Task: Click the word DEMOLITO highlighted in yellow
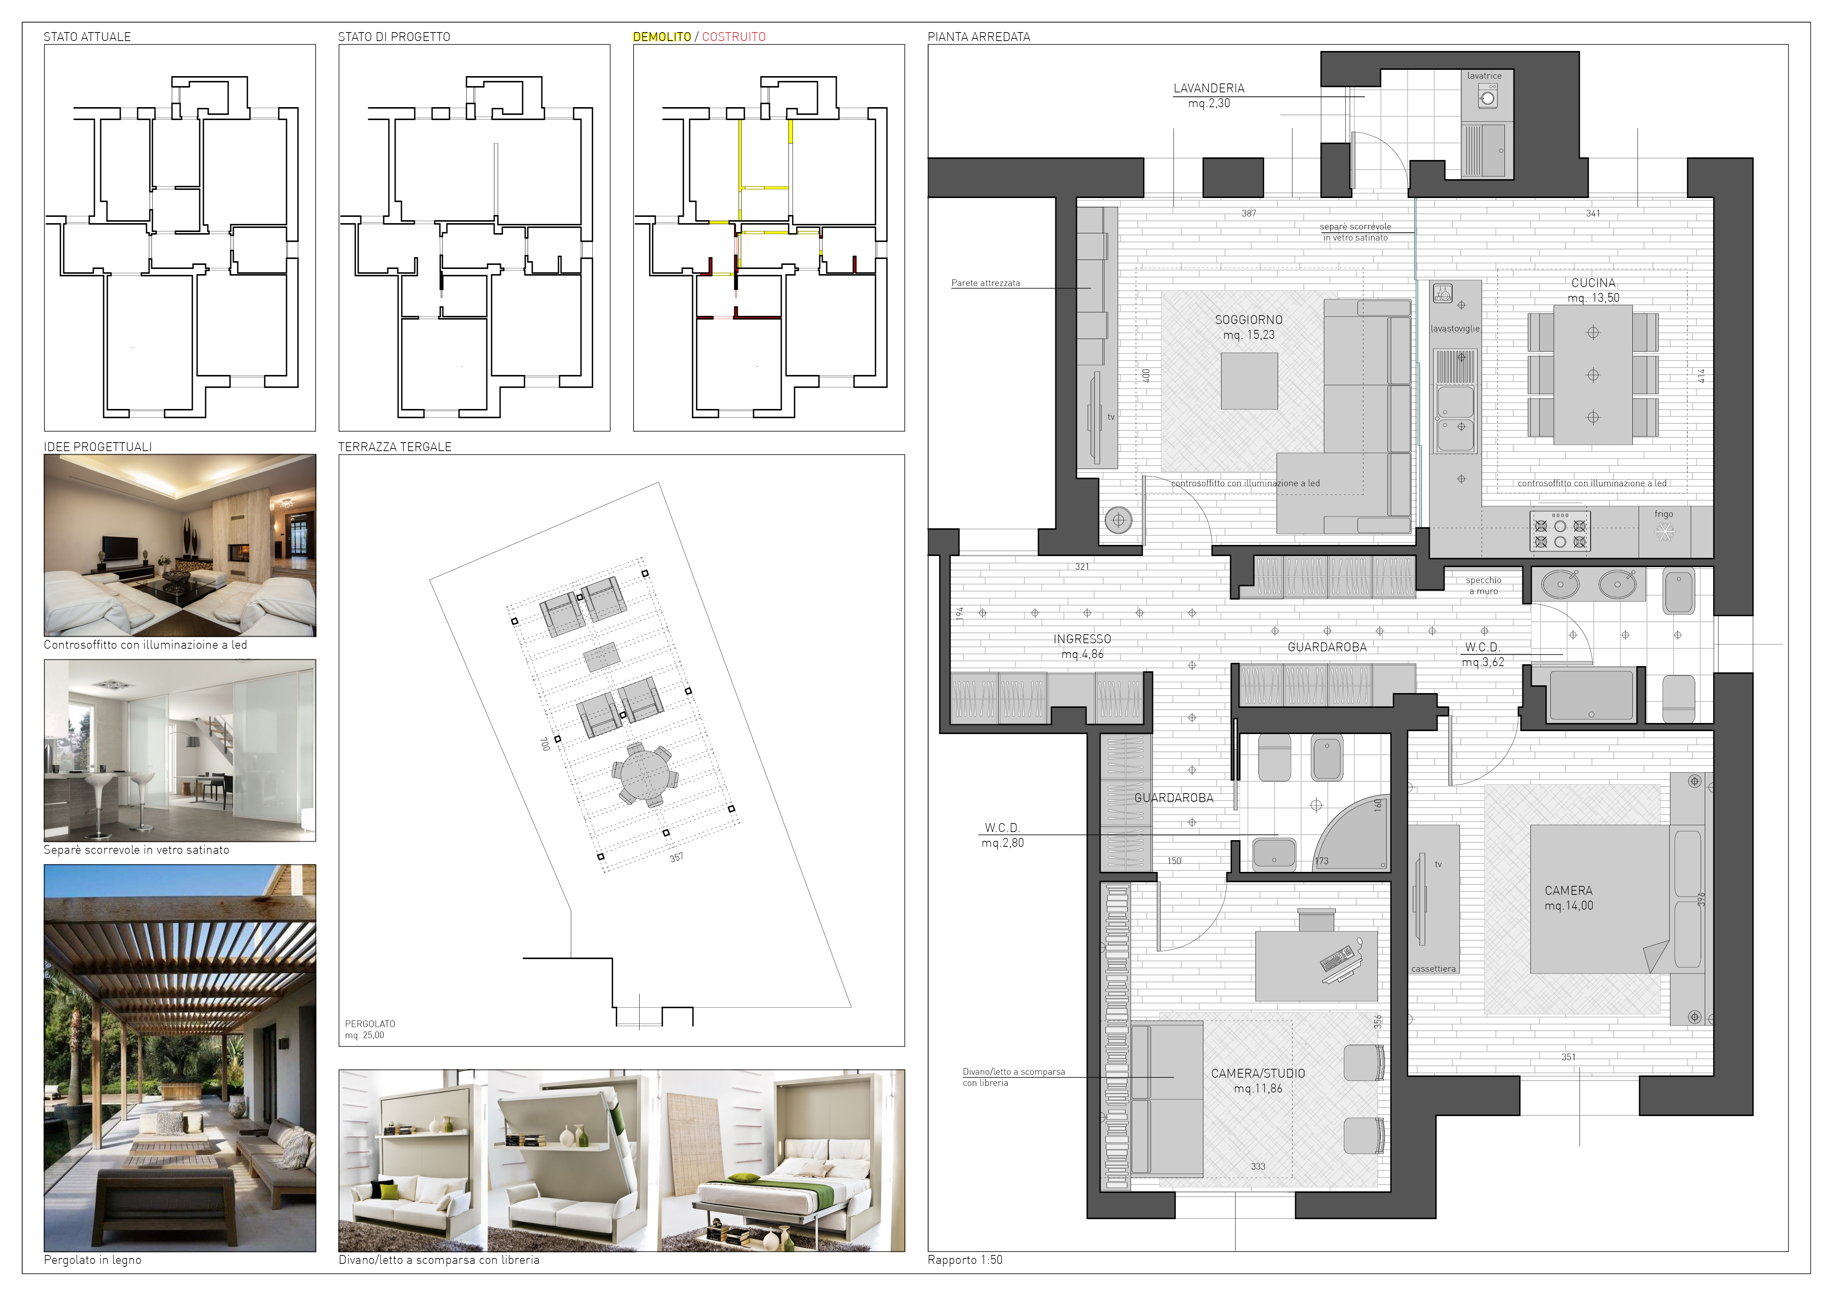pos(662,37)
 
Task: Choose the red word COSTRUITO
pos(734,37)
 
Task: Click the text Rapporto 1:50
pos(964,1260)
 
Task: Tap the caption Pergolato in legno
pos(93,1260)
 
